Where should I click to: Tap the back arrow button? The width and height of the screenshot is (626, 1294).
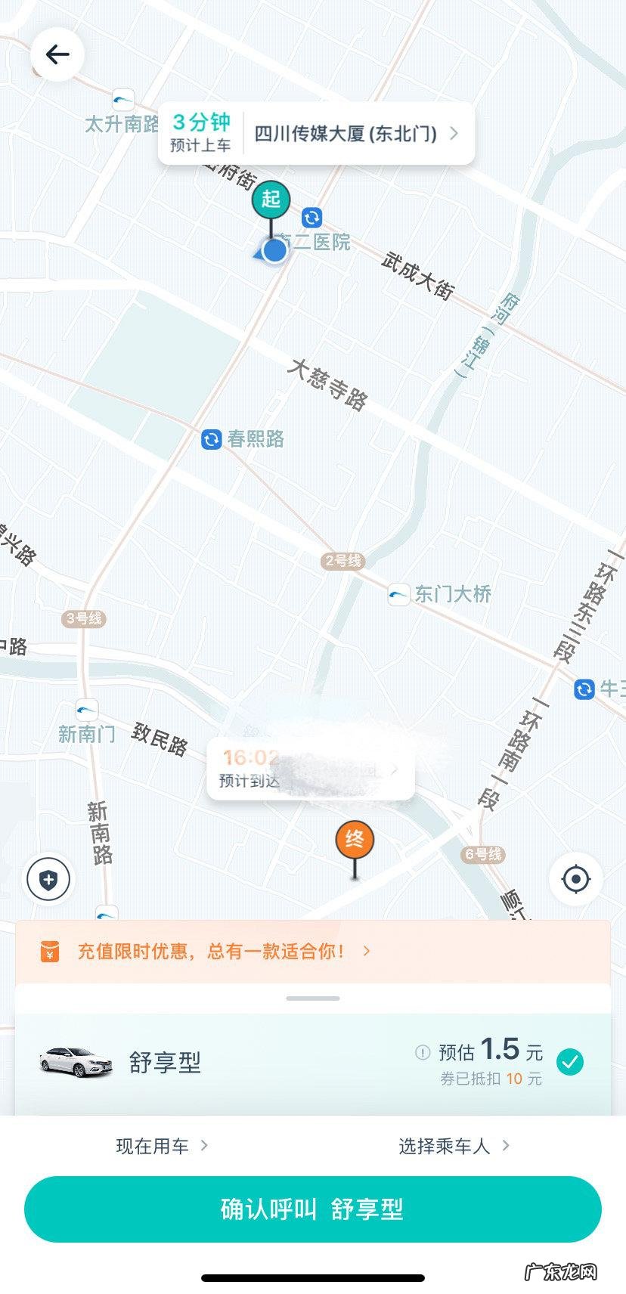pyautogui.click(x=57, y=54)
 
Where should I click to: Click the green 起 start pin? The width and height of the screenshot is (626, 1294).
pyautogui.click(x=271, y=200)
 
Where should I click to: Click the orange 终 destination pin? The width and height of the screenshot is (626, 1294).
pyautogui.click(x=355, y=840)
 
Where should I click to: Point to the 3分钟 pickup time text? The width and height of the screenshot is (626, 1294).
pyautogui.click(x=201, y=122)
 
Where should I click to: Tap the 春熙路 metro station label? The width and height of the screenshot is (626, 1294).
pyautogui.click(x=256, y=439)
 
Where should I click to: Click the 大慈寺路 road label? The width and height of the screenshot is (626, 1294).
pyautogui.click(x=327, y=385)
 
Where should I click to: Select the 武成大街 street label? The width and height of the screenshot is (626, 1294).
pyautogui.click(x=417, y=276)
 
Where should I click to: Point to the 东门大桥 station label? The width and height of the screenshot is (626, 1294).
pyautogui.click(x=452, y=594)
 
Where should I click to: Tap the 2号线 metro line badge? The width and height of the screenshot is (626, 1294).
pyautogui.click(x=343, y=561)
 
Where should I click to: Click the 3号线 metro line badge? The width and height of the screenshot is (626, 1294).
pyautogui.click(x=84, y=618)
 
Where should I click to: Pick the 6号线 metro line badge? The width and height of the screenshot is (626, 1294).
pyautogui.click(x=483, y=854)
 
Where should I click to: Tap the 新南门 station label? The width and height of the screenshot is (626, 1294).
pyautogui.click(x=87, y=734)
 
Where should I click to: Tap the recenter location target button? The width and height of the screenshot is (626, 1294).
pyautogui.click(x=576, y=879)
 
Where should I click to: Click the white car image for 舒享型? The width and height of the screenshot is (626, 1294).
pyautogui.click(x=76, y=1061)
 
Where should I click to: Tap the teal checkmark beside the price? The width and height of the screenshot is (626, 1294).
pyautogui.click(x=570, y=1062)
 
